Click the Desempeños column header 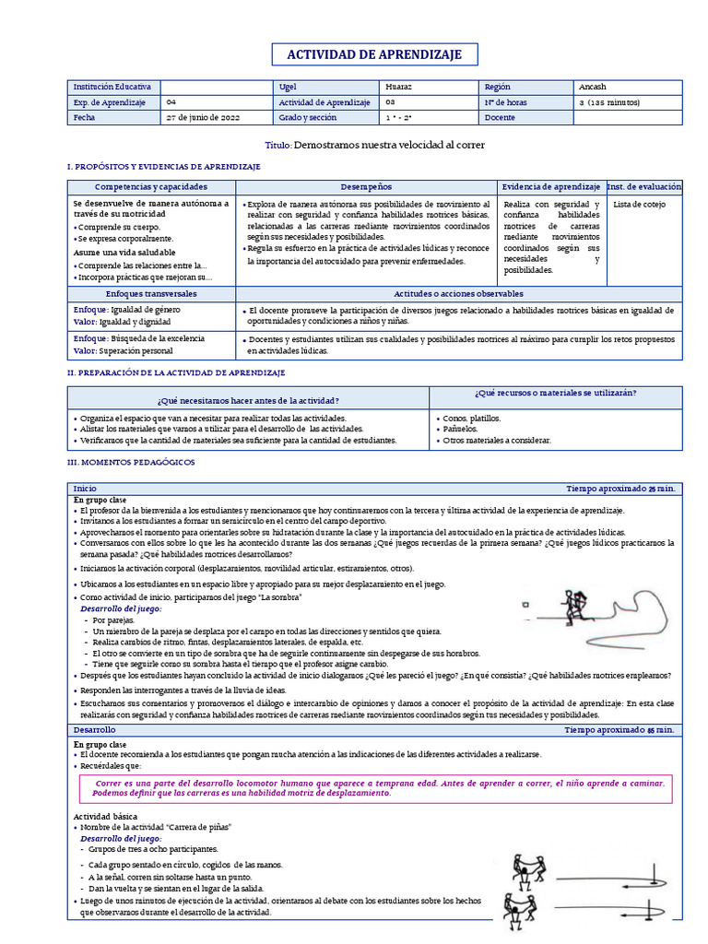point(366,187)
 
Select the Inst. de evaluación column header point(643,187)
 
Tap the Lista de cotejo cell point(638,205)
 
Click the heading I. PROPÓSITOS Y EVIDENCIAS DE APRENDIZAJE point(164,166)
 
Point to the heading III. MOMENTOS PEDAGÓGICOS point(131,460)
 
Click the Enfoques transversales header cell point(151,293)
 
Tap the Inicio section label point(85,488)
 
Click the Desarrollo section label point(95,729)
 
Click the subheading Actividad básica point(105,817)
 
